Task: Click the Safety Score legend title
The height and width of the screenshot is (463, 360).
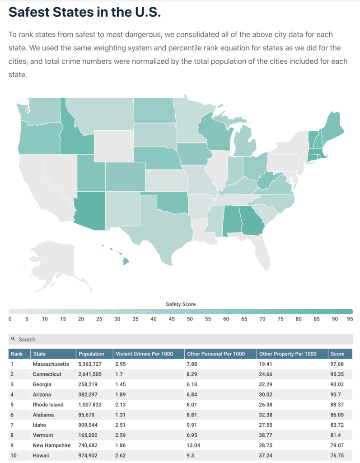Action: click(180, 304)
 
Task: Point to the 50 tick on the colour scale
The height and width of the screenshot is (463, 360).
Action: click(190, 319)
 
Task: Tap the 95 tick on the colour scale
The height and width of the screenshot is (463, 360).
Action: click(350, 319)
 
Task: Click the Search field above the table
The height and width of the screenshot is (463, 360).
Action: click(180, 339)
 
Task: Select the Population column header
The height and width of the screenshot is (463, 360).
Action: click(91, 354)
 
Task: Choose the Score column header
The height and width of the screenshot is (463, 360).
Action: click(337, 354)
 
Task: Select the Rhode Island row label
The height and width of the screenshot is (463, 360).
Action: click(48, 405)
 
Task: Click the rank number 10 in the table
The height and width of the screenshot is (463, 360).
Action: click(14, 455)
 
